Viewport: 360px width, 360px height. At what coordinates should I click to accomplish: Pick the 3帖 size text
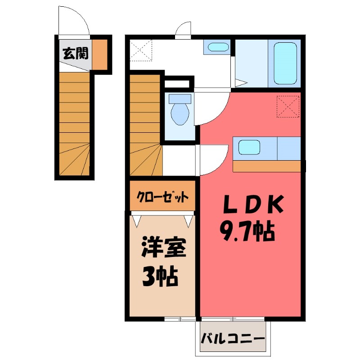point(160,277)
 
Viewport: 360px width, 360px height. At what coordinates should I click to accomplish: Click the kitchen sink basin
point(249,147)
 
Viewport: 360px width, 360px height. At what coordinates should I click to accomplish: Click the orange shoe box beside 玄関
point(100,54)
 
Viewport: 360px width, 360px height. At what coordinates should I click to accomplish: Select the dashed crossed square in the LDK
point(288,106)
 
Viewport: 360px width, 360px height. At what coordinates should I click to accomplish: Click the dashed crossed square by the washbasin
point(141,50)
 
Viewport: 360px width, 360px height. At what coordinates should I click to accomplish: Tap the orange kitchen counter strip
point(266,166)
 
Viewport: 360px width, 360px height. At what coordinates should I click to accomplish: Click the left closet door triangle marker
point(137,220)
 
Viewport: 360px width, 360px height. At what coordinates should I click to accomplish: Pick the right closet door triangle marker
point(189,220)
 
